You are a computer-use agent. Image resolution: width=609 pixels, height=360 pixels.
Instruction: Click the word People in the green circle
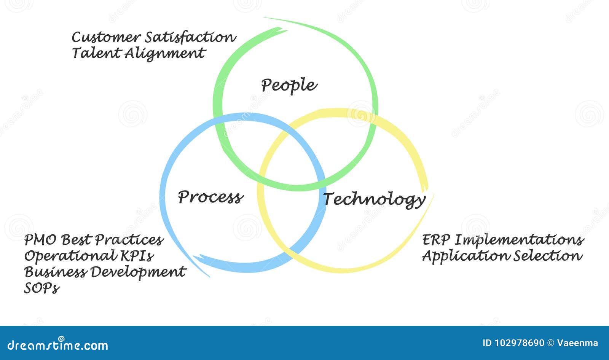pos(289,85)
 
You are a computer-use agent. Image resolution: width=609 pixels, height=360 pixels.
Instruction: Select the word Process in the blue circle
pos(210,197)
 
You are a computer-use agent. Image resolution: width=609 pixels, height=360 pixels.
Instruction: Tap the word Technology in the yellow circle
pos(374,199)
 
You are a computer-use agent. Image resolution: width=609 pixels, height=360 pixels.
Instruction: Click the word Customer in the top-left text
pos(106,37)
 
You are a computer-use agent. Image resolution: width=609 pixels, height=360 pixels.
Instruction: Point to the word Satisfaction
pos(190,37)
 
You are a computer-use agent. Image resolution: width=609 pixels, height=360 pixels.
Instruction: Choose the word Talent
pos(96,53)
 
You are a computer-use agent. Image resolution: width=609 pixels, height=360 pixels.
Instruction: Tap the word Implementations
pos(519,240)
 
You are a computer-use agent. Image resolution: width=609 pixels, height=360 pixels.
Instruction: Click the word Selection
pos(548,256)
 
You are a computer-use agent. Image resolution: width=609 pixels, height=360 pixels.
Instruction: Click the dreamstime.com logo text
pos(58,345)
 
